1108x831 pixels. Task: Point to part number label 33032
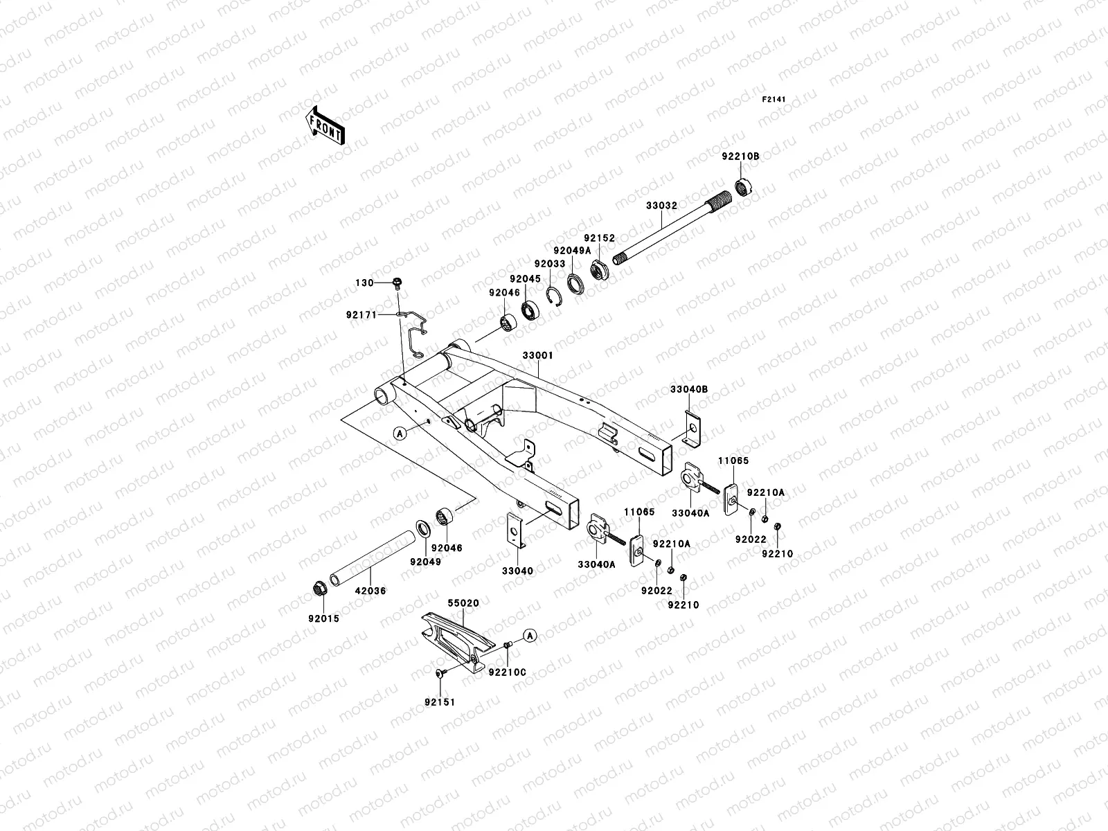[661, 206]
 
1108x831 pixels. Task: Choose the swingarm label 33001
[537, 355]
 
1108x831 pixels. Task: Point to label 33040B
[688, 390]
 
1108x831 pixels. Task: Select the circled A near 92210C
[529, 635]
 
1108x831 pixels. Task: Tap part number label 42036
[370, 591]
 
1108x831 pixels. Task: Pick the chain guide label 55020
[463, 603]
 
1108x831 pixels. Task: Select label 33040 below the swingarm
[517, 571]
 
